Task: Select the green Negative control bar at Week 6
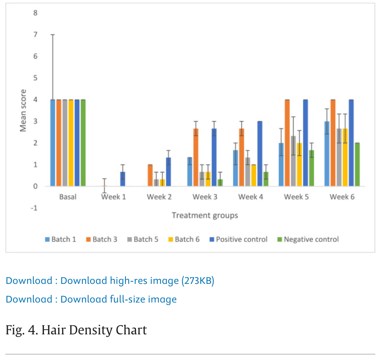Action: (x=357, y=165)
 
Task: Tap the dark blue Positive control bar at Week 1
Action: (x=123, y=179)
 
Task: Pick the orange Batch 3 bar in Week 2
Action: (x=150, y=176)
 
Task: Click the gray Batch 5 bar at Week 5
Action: (x=293, y=161)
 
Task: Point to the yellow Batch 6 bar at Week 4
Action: (x=254, y=176)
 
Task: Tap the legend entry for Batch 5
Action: (x=142, y=239)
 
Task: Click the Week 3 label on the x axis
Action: (x=205, y=197)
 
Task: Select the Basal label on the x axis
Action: (x=68, y=197)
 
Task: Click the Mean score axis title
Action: (x=24, y=111)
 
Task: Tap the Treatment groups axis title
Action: (x=205, y=215)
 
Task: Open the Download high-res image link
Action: (x=110, y=280)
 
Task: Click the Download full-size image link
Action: (x=91, y=299)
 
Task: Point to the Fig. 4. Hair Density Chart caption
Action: (x=76, y=330)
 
